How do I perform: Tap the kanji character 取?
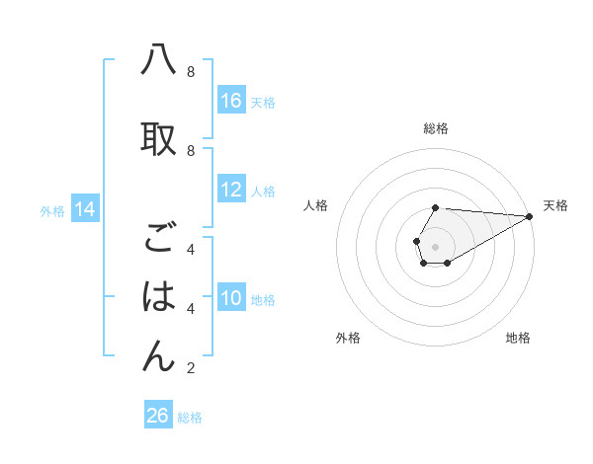click(x=158, y=138)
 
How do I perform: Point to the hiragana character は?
click(x=158, y=296)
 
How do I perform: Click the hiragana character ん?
click(x=158, y=355)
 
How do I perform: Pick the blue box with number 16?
click(x=231, y=101)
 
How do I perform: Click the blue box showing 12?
click(x=231, y=190)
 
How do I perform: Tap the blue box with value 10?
click(x=231, y=298)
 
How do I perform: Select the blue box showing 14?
click(x=85, y=209)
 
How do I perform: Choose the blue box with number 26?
click(x=158, y=416)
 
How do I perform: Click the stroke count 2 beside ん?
click(x=191, y=369)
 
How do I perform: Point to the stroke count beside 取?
click(x=191, y=150)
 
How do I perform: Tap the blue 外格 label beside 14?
click(x=52, y=210)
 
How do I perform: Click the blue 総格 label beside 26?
click(x=190, y=417)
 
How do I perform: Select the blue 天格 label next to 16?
click(x=263, y=102)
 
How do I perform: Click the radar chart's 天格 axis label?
click(x=555, y=205)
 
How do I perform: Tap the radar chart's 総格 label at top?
click(x=436, y=128)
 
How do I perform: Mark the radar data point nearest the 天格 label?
click(x=531, y=216)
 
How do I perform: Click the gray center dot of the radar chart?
click(x=436, y=246)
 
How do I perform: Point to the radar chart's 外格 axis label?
click(x=348, y=338)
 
